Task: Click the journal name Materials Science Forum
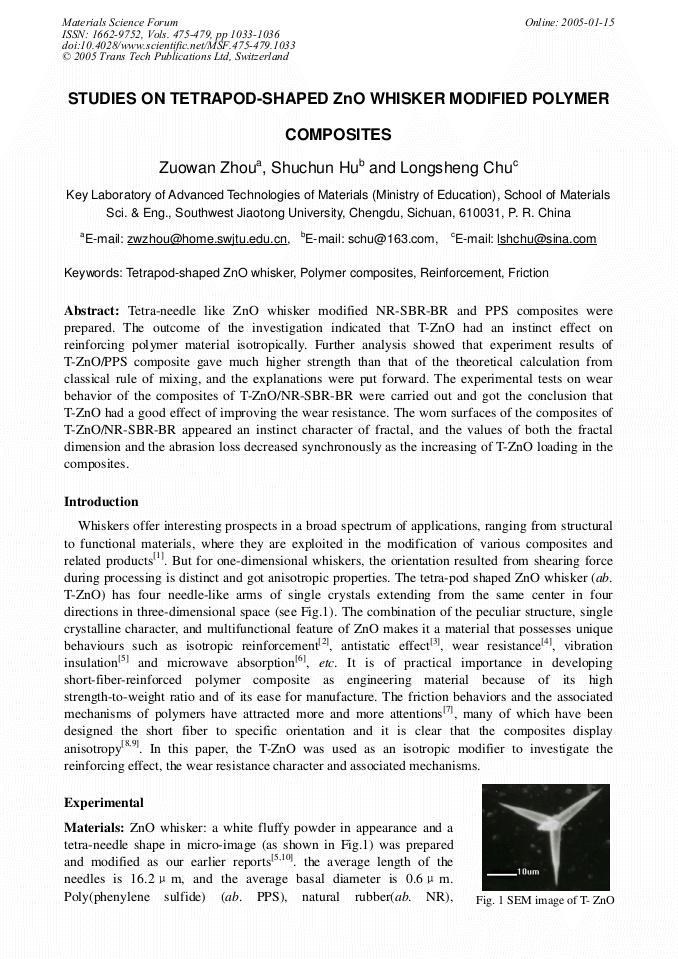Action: tap(120, 22)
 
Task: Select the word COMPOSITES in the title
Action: tap(338, 134)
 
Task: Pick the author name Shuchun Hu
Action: tap(319, 168)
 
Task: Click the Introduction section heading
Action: tap(101, 501)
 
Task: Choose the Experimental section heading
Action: tap(104, 802)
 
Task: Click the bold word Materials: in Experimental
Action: tap(95, 828)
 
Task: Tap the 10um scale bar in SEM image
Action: tap(510, 873)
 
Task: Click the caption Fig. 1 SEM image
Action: tap(548, 900)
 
